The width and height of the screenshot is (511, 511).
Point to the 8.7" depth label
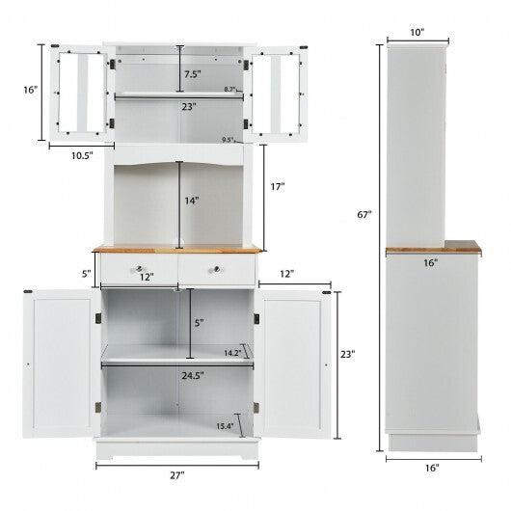coord(230,89)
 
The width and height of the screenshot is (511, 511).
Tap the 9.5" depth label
coord(229,141)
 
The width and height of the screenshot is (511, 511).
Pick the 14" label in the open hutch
coord(192,201)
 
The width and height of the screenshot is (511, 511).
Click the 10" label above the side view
coord(417,33)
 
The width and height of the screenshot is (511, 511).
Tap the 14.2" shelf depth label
coord(231,353)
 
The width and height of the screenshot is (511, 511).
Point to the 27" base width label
coord(178,473)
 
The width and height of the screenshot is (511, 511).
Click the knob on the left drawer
coord(139,267)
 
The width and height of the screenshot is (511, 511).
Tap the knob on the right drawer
coord(217,267)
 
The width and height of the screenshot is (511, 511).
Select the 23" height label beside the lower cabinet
coord(347,354)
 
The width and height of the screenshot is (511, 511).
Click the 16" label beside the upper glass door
coord(32,90)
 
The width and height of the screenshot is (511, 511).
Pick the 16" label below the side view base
coord(431,468)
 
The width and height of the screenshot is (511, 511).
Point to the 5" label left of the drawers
coord(86,273)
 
